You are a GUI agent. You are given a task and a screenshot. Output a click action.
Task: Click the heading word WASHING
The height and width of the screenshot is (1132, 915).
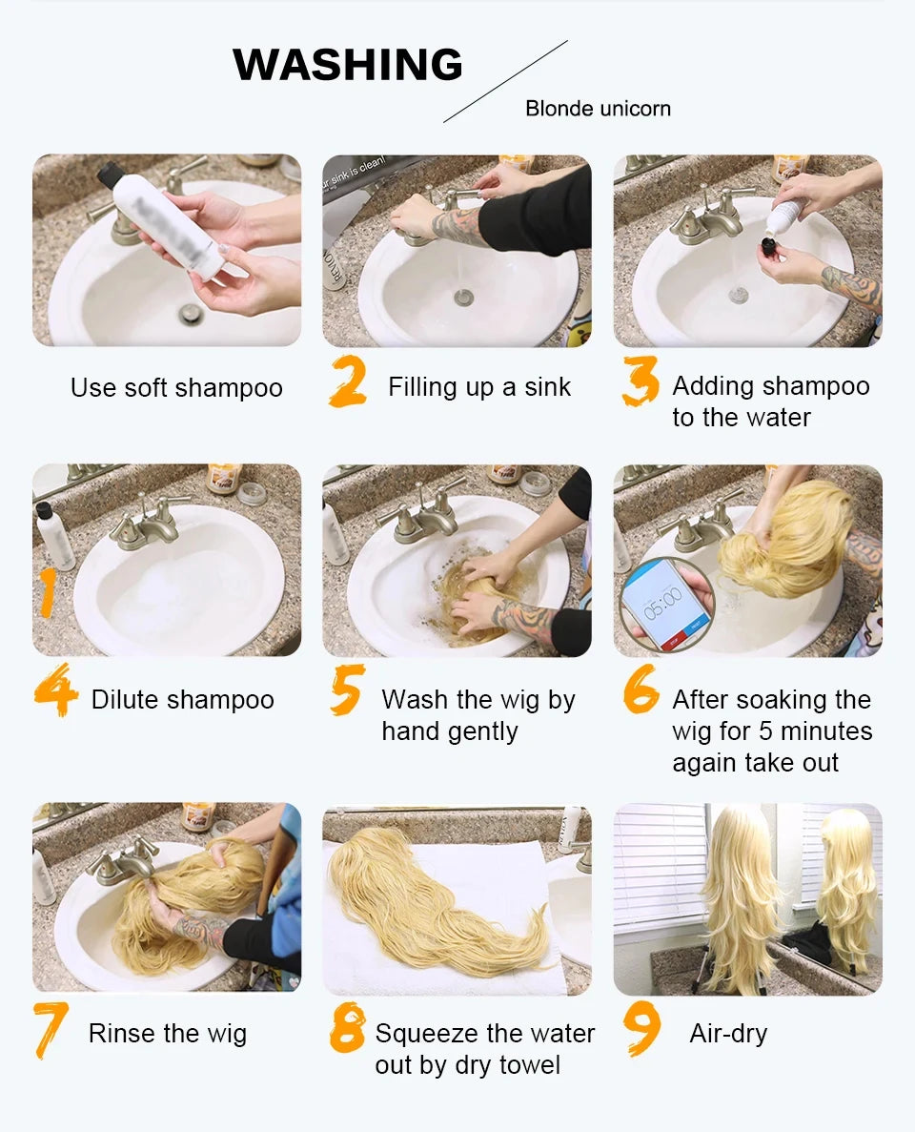[x=348, y=65]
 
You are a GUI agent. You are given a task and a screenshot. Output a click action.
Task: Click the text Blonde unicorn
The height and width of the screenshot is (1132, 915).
[x=598, y=109]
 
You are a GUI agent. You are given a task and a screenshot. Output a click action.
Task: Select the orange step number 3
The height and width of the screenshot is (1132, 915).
[x=640, y=382]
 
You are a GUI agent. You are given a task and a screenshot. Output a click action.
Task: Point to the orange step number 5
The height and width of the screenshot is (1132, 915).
[x=347, y=691]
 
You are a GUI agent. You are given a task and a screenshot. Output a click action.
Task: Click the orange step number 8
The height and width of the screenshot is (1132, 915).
[x=348, y=1030]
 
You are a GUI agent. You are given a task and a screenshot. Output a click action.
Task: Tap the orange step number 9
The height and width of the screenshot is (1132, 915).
[x=641, y=1030]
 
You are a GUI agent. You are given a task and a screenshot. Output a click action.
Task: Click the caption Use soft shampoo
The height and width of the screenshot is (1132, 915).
[x=176, y=388]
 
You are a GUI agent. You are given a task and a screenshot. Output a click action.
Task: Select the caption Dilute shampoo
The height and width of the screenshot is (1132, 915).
[x=182, y=700]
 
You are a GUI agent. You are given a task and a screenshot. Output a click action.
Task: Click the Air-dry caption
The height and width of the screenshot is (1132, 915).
[x=728, y=1034]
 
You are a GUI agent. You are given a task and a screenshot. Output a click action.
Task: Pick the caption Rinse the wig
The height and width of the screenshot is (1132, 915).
[x=167, y=1034]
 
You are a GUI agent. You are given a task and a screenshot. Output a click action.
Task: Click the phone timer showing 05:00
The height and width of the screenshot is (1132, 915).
[x=663, y=604]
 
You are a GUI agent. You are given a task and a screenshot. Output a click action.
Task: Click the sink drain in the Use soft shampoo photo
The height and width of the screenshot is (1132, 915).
[x=191, y=313]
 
